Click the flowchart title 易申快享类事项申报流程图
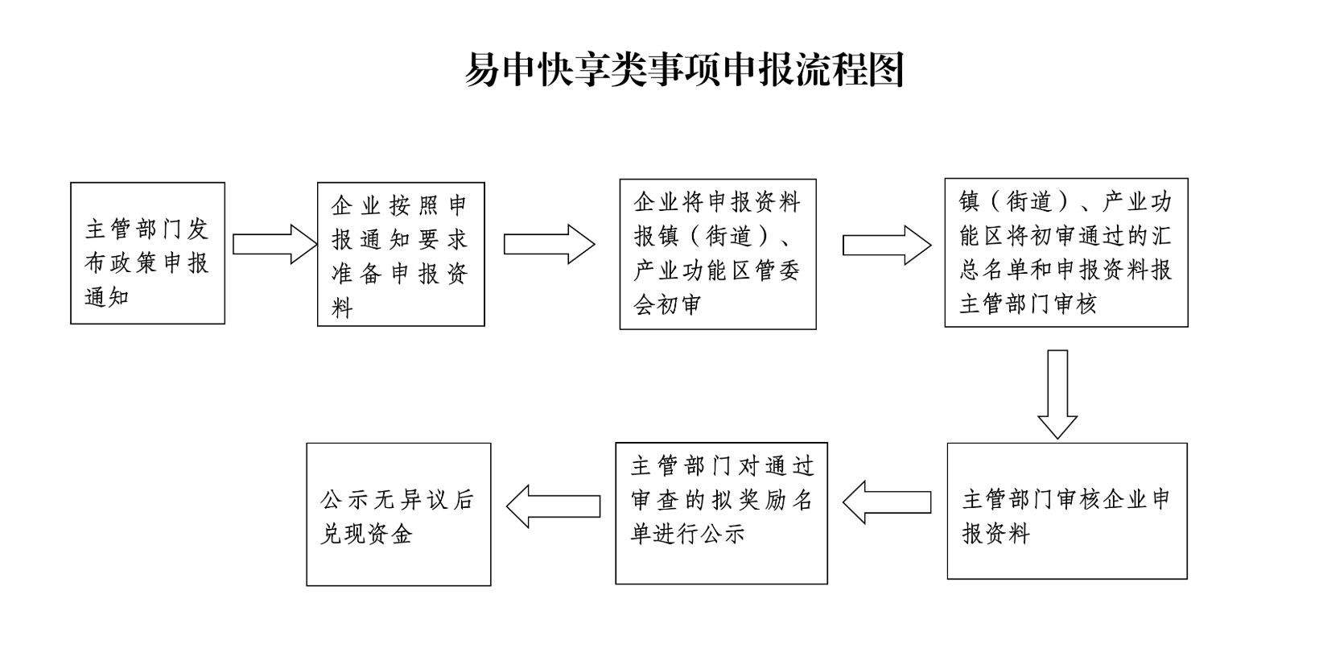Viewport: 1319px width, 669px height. (685, 70)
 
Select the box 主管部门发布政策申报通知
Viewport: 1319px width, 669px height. (147, 253)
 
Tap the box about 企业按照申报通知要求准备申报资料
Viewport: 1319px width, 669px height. (401, 254)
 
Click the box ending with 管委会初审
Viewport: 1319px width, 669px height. (717, 254)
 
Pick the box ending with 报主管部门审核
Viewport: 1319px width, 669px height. (1066, 252)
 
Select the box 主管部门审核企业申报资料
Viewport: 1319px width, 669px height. (1066, 510)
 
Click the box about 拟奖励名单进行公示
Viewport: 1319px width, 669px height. (721, 513)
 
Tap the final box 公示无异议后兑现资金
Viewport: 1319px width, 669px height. (398, 514)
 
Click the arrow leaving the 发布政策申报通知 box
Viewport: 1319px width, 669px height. (274, 244)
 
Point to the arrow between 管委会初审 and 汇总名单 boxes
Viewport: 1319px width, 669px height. (886, 245)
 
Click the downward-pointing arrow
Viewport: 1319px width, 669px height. (1057, 394)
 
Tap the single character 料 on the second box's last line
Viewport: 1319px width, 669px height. (342, 308)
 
